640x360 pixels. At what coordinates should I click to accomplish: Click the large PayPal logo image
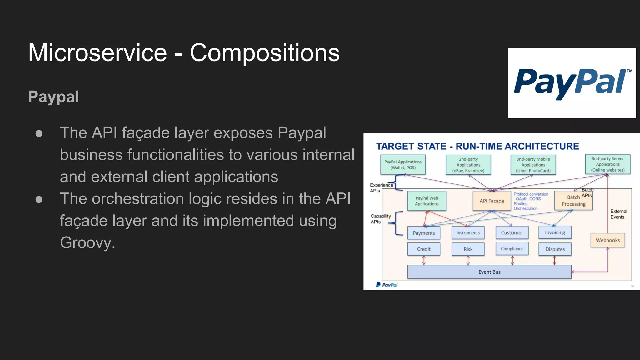(572, 83)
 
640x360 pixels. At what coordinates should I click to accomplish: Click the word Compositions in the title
(264, 53)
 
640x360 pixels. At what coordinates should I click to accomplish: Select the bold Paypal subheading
(53, 97)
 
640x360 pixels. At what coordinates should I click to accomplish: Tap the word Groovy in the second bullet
(87, 243)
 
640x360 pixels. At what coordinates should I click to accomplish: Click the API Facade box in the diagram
(492, 201)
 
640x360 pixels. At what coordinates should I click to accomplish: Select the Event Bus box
(489, 272)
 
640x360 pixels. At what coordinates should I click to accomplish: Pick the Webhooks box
(607, 240)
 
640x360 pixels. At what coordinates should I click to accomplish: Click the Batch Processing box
(573, 201)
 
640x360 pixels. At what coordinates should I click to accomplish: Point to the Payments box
(424, 233)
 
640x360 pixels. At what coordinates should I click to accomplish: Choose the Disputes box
(555, 249)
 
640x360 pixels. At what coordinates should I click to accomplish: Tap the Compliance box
(512, 249)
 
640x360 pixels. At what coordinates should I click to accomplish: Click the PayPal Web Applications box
(427, 201)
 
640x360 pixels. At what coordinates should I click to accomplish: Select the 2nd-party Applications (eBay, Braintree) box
(468, 165)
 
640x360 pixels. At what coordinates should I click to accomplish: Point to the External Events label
(618, 214)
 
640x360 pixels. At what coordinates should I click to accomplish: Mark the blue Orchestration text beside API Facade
(526, 208)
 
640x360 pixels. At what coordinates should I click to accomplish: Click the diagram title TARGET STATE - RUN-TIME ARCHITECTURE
(477, 146)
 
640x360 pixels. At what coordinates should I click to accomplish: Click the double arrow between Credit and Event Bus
(424, 260)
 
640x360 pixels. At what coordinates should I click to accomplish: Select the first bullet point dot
(39, 134)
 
